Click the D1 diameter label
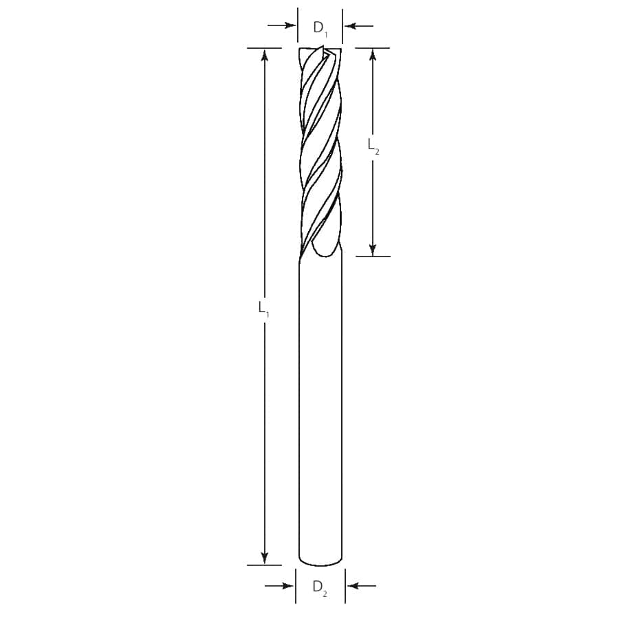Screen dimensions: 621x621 [x=320, y=28]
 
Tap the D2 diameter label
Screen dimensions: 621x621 [x=320, y=587]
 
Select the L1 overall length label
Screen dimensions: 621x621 [x=263, y=308]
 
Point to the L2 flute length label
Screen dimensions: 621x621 [x=373, y=146]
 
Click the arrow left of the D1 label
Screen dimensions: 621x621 [x=282, y=26]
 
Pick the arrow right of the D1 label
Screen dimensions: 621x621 [x=358, y=26]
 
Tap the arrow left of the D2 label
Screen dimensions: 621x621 [x=279, y=586]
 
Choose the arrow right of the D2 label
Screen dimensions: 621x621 [x=362, y=586]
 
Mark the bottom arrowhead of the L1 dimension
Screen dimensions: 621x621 [x=265, y=558]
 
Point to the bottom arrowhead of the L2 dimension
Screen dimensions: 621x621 [x=373, y=250]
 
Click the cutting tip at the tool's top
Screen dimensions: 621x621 [x=321, y=50]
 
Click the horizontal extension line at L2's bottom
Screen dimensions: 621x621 [x=373, y=257]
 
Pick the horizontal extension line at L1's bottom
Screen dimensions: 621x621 [x=265, y=565]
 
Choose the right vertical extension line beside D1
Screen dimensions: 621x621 [x=342, y=26]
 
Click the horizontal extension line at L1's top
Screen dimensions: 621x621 [x=265, y=48]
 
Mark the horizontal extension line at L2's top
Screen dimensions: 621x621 [x=373, y=48]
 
